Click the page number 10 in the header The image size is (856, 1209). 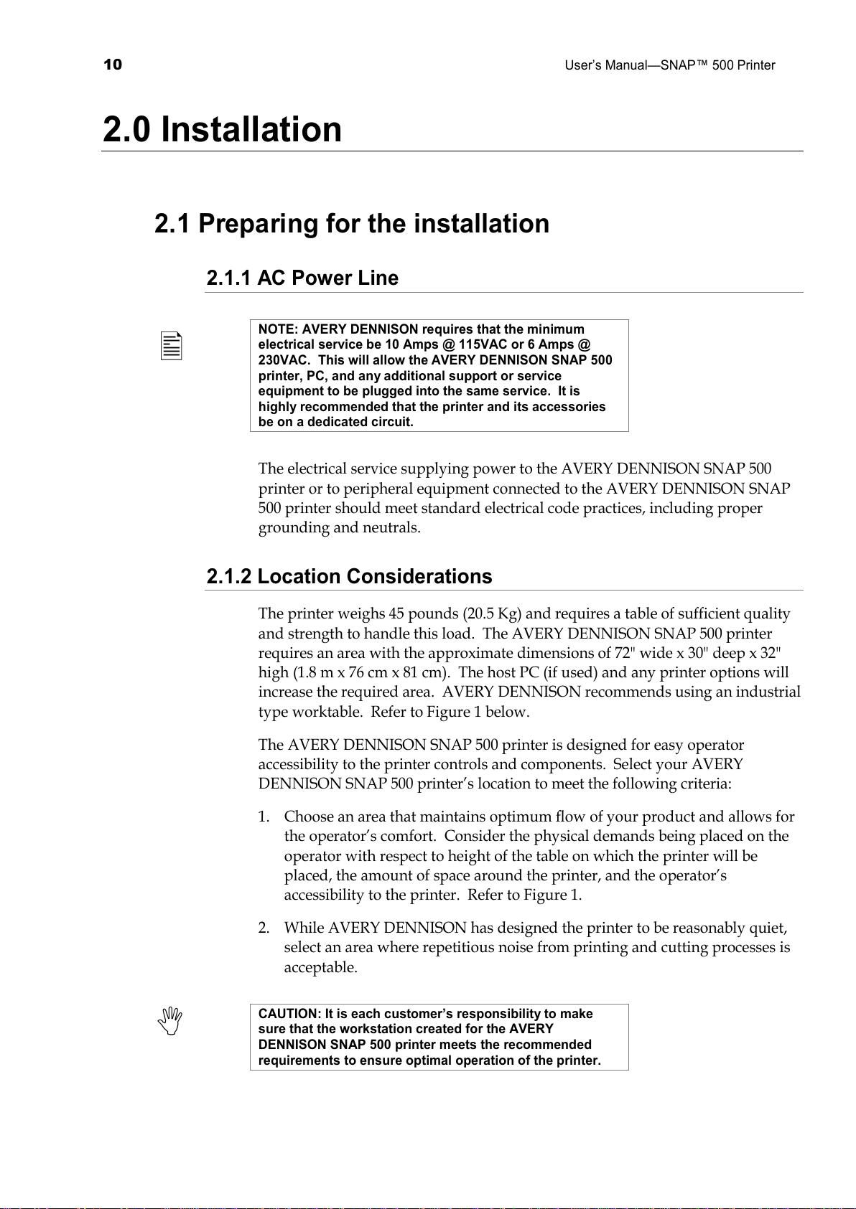click(x=113, y=65)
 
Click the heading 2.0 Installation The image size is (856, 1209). click(x=223, y=130)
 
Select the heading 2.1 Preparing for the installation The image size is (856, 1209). click(x=352, y=224)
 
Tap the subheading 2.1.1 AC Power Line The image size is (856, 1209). click(x=302, y=278)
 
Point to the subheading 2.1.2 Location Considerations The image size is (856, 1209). click(x=349, y=576)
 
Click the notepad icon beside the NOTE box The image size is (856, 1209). click(x=171, y=346)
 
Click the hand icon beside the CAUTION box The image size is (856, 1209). click(x=171, y=1020)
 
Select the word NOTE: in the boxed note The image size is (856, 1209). click(x=279, y=329)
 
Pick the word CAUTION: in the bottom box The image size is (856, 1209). click(x=290, y=1014)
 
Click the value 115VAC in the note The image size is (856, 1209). click(x=483, y=344)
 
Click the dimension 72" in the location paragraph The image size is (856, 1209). click(x=623, y=653)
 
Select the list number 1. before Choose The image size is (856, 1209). click(x=264, y=817)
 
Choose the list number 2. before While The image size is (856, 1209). click(x=264, y=928)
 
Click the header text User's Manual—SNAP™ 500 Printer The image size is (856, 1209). click(x=669, y=65)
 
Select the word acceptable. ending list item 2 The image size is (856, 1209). click(x=320, y=967)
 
